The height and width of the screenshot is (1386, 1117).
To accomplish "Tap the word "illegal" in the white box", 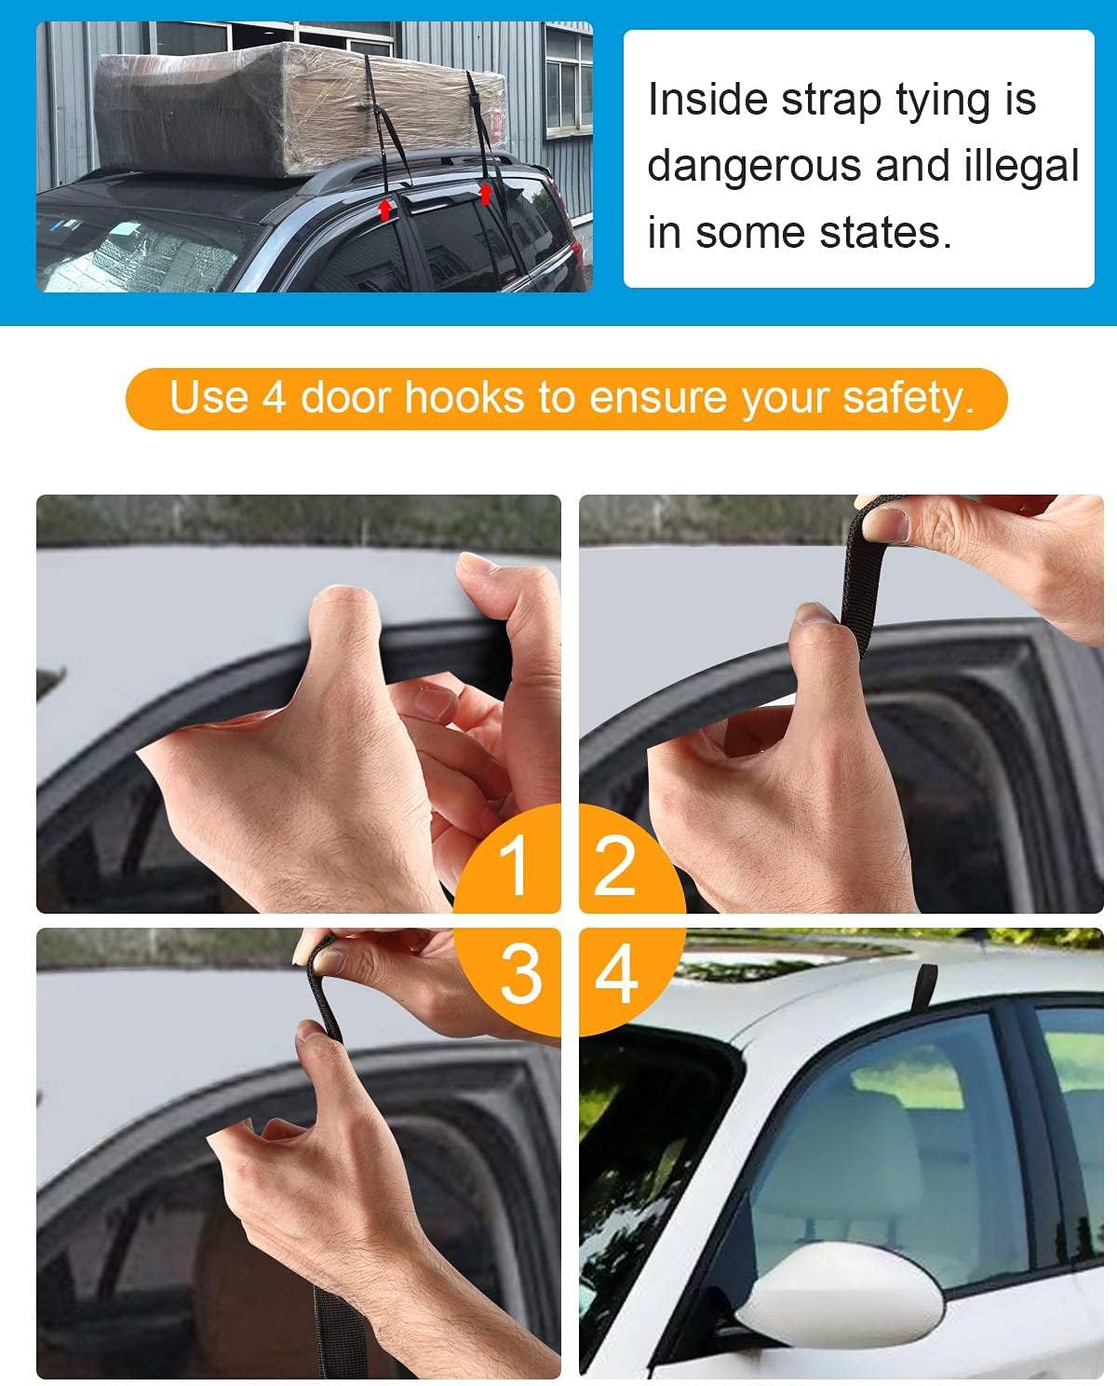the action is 1021,166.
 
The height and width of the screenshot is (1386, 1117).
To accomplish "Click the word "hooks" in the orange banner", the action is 464,398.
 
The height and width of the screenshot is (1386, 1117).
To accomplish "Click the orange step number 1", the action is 513,865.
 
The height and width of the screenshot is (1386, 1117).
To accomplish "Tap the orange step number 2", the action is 614,865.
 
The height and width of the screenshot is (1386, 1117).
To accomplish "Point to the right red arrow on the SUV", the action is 485,193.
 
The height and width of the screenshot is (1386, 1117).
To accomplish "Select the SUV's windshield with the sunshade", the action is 139,252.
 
